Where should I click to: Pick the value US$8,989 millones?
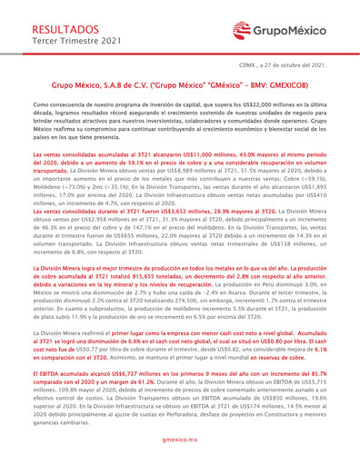click(x=166, y=176)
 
